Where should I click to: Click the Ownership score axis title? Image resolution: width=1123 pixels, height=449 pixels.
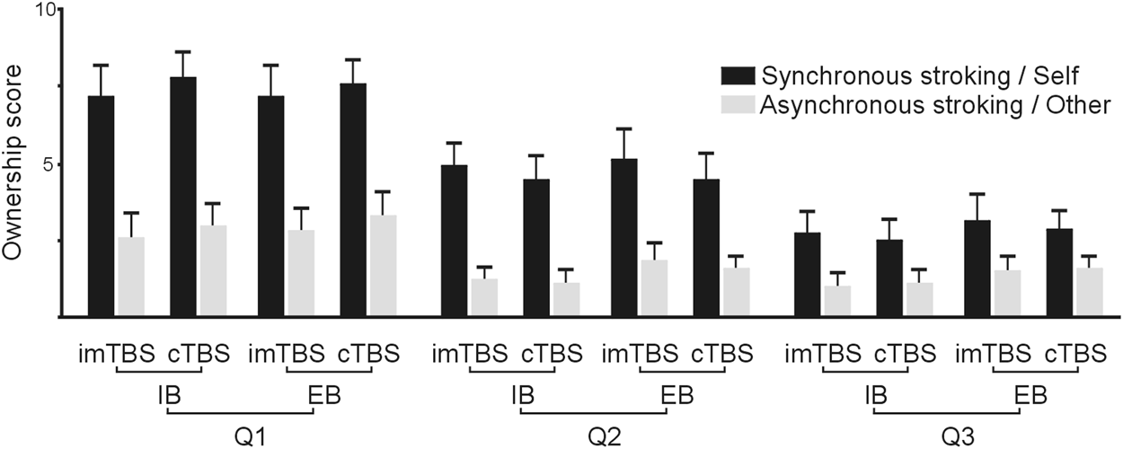pos(13,164)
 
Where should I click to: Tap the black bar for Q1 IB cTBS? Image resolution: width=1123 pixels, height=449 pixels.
pos(183,197)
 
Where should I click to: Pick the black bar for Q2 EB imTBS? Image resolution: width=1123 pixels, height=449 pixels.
pos(624,238)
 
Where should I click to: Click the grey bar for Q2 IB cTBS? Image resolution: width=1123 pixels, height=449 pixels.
pos(566,300)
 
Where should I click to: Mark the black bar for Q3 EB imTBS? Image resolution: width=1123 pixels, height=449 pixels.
pos(977,269)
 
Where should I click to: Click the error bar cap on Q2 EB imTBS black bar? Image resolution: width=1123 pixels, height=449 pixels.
pos(624,129)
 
